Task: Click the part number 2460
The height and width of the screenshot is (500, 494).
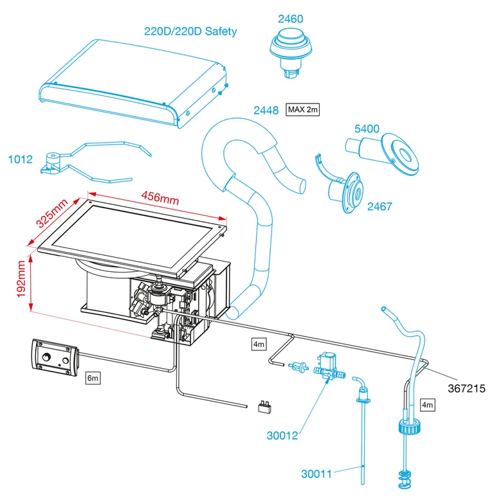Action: coord(291,19)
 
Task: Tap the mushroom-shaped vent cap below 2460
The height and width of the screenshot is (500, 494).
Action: coord(289,51)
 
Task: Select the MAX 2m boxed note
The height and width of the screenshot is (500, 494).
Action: coord(303,110)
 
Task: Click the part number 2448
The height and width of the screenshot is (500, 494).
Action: coord(266,111)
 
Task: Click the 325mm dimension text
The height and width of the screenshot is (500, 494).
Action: coord(51,212)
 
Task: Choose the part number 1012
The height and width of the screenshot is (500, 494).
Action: coord(20,159)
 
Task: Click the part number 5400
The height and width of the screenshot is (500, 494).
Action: coord(367,129)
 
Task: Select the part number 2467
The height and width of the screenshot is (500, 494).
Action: coord(380,207)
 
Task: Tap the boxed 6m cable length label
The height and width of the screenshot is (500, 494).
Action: coord(93,379)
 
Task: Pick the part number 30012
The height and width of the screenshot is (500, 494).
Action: coord(282,435)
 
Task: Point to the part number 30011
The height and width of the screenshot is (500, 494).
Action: coord(317,474)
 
